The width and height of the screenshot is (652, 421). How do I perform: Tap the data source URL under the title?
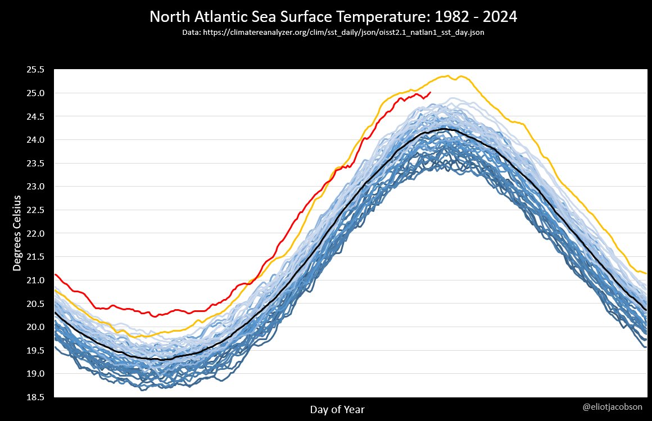333,33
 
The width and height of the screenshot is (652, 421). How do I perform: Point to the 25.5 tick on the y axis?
36,70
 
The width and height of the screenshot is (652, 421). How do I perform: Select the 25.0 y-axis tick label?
36,93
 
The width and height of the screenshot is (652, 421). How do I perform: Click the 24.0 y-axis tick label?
36,140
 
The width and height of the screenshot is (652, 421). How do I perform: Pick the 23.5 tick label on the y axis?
36,163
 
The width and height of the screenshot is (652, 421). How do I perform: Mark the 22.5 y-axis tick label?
36,210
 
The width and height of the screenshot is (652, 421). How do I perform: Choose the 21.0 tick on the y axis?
36,280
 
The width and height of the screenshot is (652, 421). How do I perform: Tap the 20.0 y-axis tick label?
36,327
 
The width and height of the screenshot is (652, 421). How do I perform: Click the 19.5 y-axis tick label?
36,350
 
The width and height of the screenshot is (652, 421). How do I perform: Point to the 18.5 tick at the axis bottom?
36,397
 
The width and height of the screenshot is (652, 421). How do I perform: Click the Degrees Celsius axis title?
17,233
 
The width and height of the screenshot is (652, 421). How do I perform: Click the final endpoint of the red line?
431,92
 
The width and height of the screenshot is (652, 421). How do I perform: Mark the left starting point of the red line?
55,274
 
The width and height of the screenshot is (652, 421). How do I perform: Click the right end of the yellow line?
646,273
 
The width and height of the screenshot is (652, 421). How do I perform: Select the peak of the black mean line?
445,129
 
